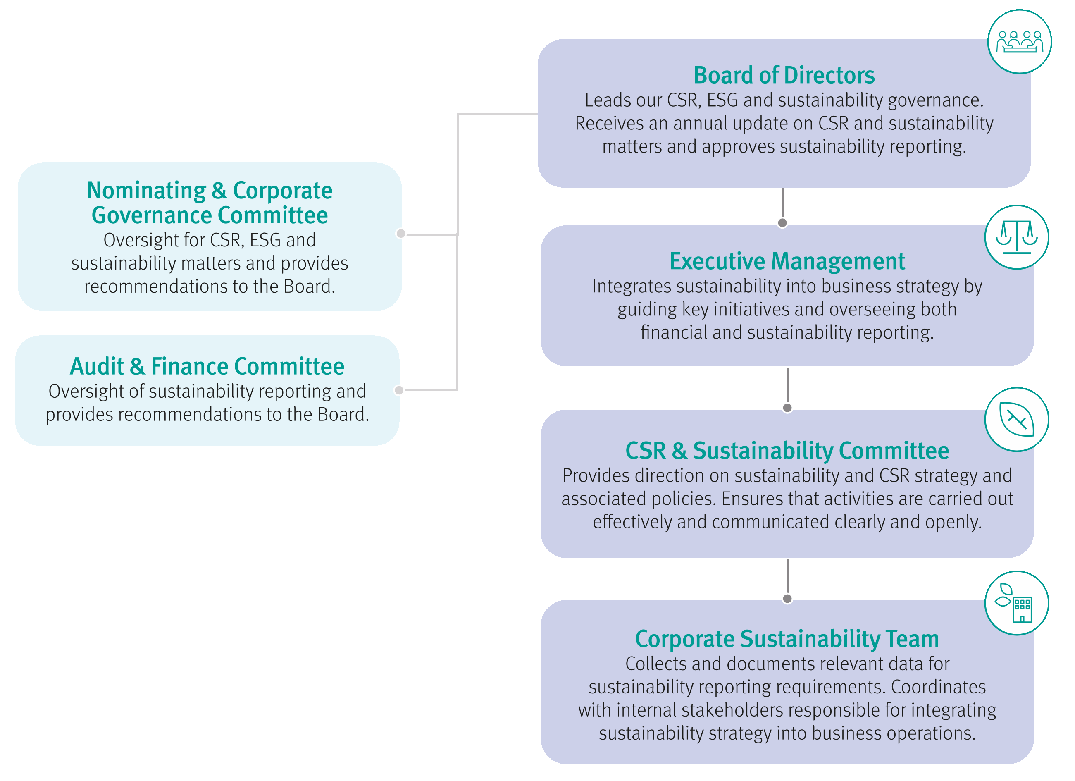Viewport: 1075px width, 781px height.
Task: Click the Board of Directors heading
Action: point(784,75)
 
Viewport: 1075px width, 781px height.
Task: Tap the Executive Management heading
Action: point(787,261)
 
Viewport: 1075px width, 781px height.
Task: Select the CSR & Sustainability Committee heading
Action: point(787,451)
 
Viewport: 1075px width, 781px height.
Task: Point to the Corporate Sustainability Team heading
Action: point(787,639)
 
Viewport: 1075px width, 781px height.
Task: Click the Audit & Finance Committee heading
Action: point(207,367)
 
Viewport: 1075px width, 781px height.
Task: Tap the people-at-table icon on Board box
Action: point(1020,42)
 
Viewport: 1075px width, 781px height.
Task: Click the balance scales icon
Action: point(1017,237)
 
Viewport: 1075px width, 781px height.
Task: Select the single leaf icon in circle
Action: point(1017,420)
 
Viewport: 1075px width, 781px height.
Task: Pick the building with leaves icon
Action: point(1017,603)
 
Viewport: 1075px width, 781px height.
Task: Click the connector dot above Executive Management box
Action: point(782,222)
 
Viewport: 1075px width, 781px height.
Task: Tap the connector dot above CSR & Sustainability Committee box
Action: point(787,408)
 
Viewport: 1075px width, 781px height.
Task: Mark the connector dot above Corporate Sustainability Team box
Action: point(787,598)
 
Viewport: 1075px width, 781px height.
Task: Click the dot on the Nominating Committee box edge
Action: point(401,233)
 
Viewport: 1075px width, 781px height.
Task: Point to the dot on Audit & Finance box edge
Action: point(399,390)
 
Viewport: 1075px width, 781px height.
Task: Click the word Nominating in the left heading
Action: point(146,191)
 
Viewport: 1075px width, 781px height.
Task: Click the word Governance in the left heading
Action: point(151,216)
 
